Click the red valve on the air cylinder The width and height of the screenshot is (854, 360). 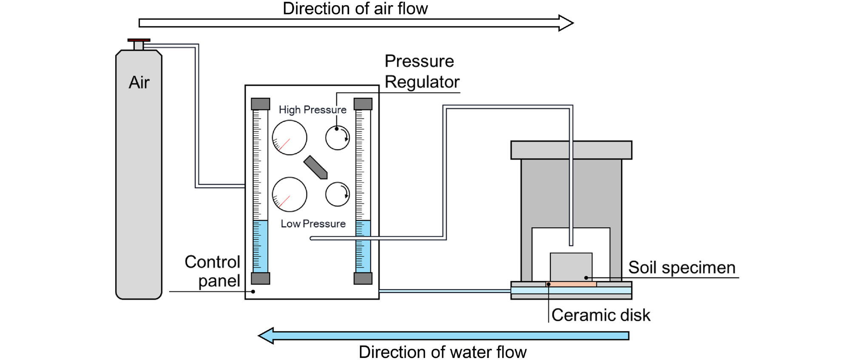tap(139, 40)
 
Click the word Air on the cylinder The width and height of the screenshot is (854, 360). tap(139, 83)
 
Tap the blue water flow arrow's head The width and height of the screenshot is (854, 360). tap(266, 336)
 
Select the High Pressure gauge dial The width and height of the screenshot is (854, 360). tap(289, 137)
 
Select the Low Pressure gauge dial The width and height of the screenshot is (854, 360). tap(289, 194)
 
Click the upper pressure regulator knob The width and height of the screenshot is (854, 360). tap(338, 138)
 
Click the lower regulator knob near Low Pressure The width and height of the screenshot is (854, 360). tap(338, 194)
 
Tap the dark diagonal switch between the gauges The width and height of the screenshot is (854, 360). tap(316, 167)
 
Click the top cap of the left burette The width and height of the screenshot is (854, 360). tap(260, 104)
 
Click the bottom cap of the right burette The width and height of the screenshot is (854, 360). tap(363, 278)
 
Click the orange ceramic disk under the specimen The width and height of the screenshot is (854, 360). tap(571, 284)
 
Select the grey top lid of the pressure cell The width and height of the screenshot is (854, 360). tap(571, 150)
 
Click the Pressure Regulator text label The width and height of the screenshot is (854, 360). tap(421, 71)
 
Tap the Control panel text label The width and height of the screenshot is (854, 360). tap(213, 271)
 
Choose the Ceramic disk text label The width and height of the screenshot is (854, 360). tap(601, 315)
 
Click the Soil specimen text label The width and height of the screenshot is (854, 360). tap(681, 268)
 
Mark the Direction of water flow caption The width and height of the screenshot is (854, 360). tap(442, 352)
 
